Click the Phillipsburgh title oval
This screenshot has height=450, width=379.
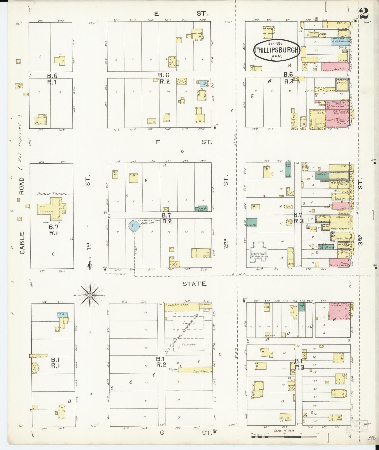click(276, 50)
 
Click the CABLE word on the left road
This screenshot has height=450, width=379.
click(22, 243)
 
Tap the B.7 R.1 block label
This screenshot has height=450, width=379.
click(53, 229)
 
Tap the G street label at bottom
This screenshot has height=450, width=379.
click(162, 433)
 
